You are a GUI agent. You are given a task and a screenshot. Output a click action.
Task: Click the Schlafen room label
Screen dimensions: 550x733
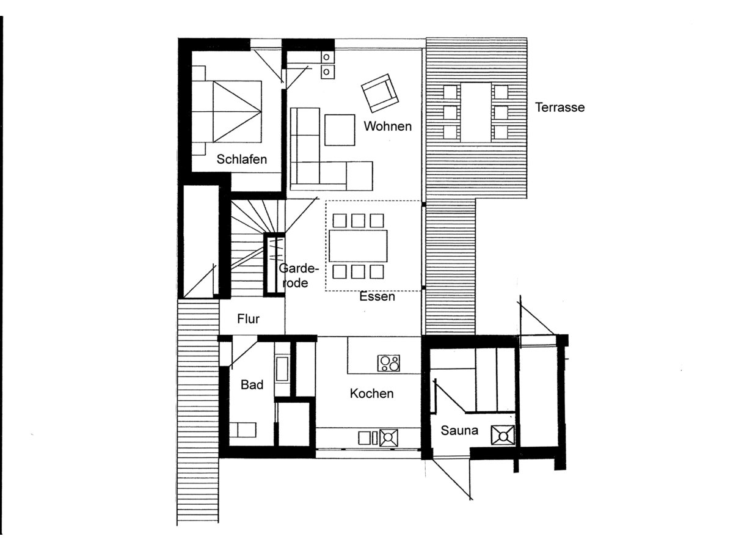tap(242, 160)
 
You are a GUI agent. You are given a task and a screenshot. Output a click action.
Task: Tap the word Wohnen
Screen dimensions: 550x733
tap(387, 127)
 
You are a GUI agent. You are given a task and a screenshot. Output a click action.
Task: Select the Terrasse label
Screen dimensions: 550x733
tap(560, 108)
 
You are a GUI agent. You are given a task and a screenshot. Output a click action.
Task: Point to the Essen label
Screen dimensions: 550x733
tap(377, 297)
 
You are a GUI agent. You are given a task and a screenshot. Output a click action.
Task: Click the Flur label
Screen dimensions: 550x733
tap(249, 319)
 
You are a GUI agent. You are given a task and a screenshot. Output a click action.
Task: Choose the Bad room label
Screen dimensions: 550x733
tap(252, 385)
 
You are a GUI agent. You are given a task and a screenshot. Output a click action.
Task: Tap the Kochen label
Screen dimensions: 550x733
tap(371, 394)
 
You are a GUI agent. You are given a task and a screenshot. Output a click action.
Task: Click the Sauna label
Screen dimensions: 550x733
tap(459, 431)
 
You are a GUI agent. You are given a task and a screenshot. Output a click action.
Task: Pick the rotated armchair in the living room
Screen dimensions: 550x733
tap(379, 93)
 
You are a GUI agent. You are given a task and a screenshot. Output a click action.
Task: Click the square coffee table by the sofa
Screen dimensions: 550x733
tap(340, 130)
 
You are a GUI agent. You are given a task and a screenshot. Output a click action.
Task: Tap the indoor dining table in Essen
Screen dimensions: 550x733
tap(358, 246)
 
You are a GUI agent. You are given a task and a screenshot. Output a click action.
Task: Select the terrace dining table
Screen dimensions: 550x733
tap(476, 112)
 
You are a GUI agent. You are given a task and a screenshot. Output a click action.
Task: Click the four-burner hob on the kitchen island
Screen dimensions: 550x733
tap(389, 363)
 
